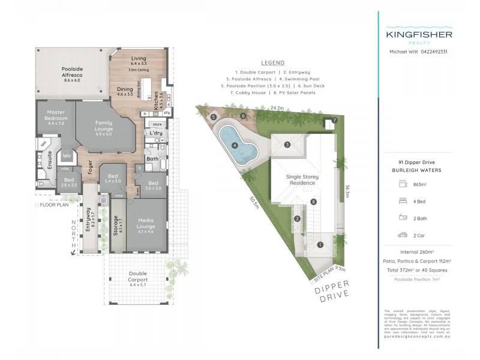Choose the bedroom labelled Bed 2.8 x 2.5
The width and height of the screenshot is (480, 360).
click(x=68, y=182)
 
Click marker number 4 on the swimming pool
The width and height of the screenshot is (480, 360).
click(x=235, y=145)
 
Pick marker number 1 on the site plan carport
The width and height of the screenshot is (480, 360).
click(x=320, y=244)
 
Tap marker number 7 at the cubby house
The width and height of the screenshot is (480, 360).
click(x=334, y=121)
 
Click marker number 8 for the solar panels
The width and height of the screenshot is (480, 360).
click(x=313, y=202)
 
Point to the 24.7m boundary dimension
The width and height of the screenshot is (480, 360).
click(x=277, y=109)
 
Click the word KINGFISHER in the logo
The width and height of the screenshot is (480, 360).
click(x=418, y=35)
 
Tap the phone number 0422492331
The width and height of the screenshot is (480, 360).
click(x=431, y=52)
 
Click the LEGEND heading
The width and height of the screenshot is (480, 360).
click(x=272, y=63)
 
